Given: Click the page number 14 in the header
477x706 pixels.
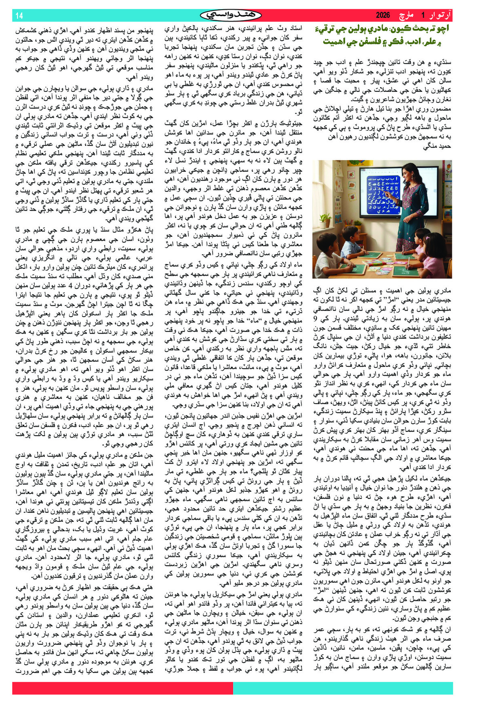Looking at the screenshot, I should pyautogui.click(x=19, y=16).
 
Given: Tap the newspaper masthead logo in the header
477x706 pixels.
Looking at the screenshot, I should pyautogui.click(x=231, y=15).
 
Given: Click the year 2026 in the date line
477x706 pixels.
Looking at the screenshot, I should pyautogui.click(x=383, y=15).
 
